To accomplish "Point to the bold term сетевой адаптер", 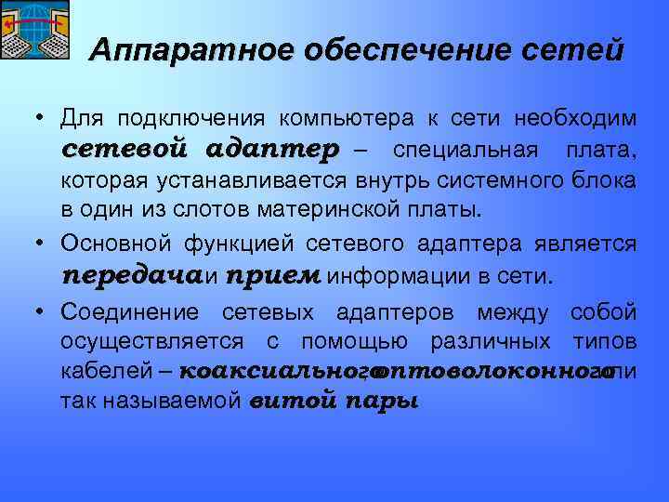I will tap(202, 150).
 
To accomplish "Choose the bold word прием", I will tap(272, 276).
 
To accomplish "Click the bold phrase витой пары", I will tap(334, 403).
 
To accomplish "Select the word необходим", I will tap(575, 119).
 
